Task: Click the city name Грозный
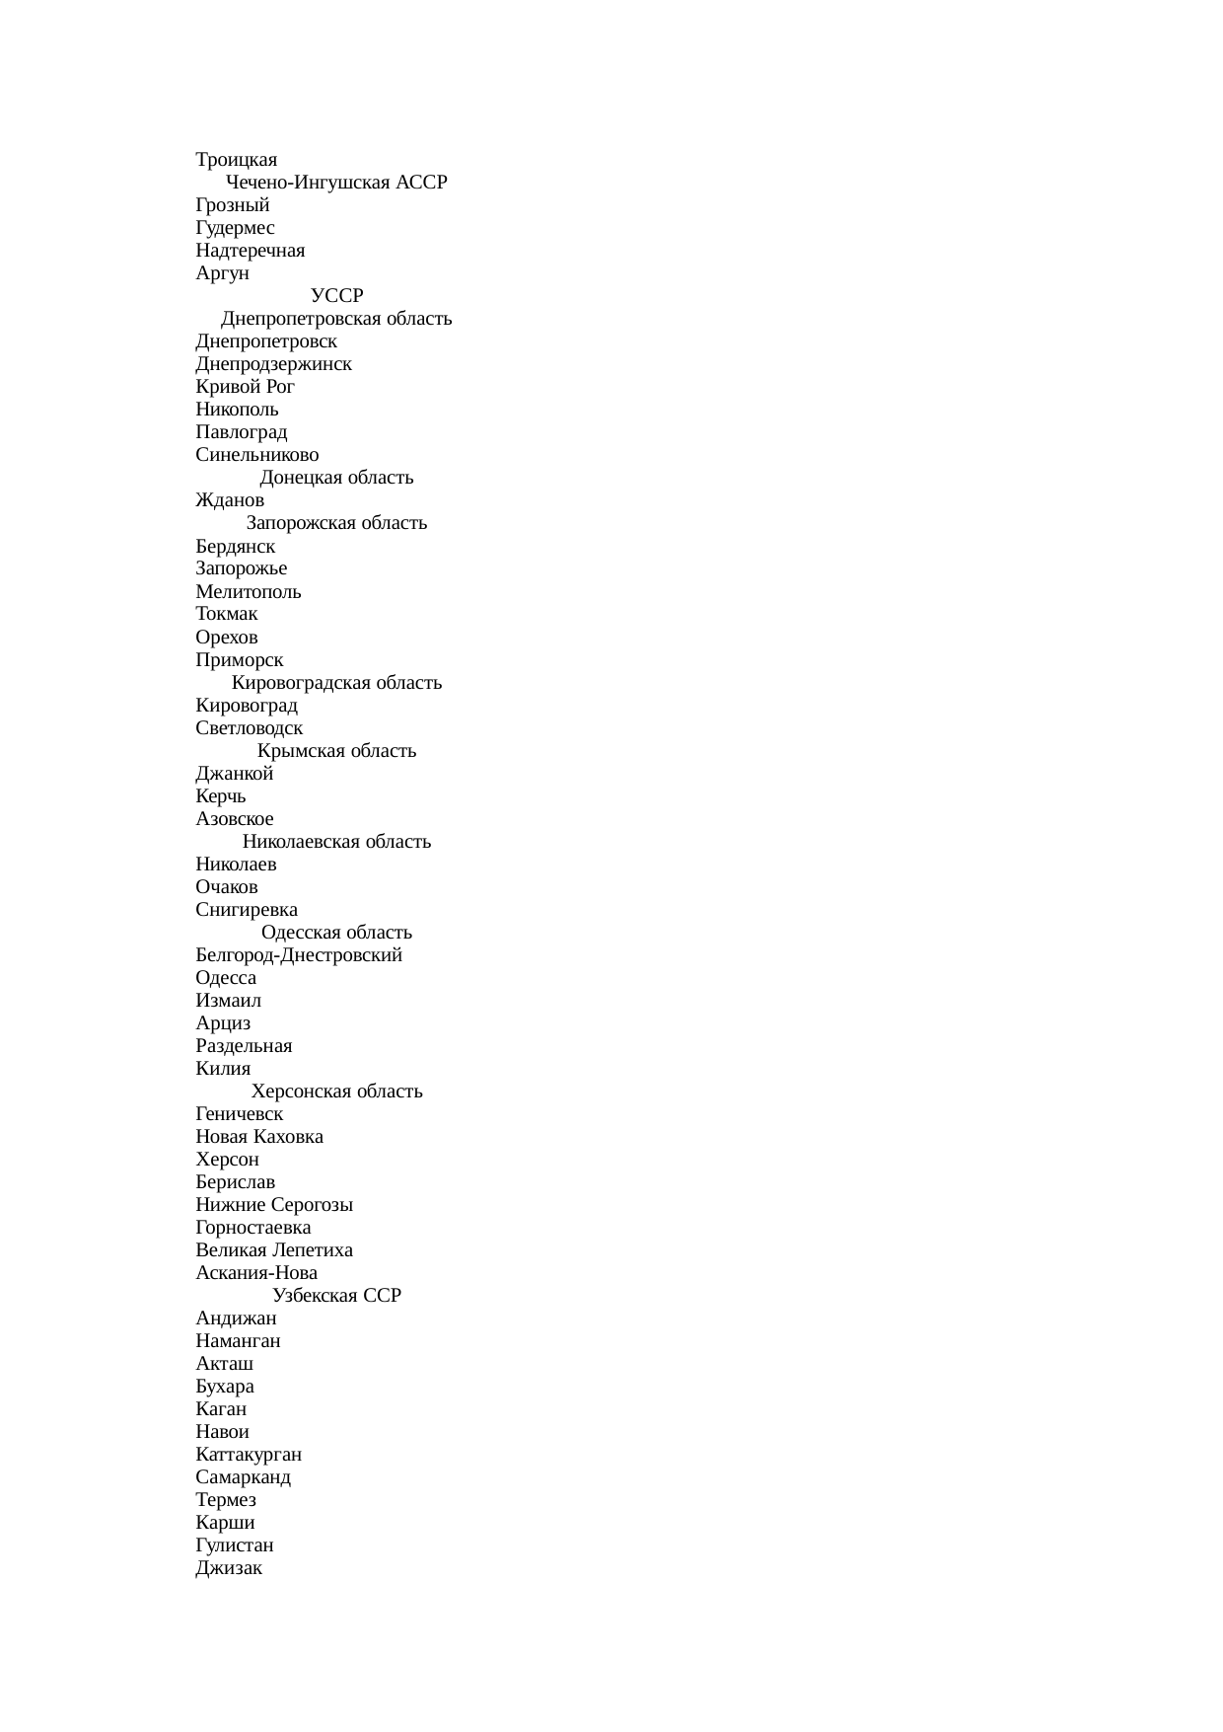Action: click(232, 205)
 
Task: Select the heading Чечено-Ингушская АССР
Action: click(336, 183)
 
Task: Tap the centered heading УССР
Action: click(336, 296)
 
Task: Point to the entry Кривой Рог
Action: click(245, 387)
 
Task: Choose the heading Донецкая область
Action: click(336, 478)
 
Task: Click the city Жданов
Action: click(230, 500)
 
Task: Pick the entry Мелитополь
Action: click(249, 592)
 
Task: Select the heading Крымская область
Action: click(336, 751)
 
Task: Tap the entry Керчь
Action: click(221, 796)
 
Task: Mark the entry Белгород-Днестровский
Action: click(299, 955)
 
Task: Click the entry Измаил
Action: click(229, 1001)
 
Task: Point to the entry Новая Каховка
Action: click(259, 1137)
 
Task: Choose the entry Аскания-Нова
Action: click(256, 1273)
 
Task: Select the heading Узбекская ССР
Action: click(336, 1296)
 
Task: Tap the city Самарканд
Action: click(243, 1477)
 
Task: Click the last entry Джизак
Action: click(229, 1568)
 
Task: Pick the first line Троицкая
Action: click(237, 160)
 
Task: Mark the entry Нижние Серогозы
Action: click(274, 1205)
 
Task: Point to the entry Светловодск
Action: click(250, 728)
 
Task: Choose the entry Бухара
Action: click(225, 1387)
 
